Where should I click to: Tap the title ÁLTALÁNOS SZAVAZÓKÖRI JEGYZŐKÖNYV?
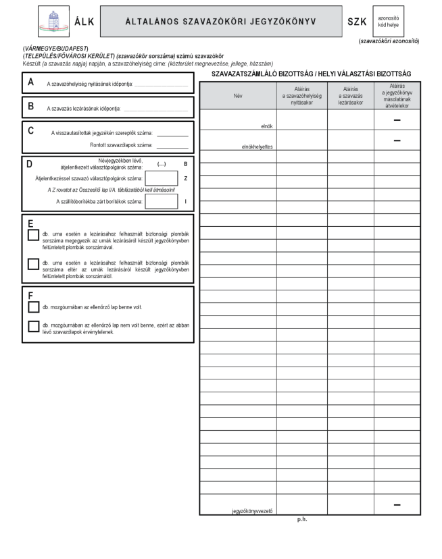(220, 22)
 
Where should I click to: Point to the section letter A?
(30, 82)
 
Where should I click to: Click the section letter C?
(30, 130)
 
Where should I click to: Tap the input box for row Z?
(162, 178)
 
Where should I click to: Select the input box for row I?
(162, 201)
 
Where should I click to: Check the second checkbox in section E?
(33, 263)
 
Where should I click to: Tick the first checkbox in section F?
(33, 307)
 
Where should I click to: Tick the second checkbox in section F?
(33, 327)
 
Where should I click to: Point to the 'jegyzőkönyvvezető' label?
(252, 510)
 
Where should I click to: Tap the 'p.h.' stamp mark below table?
(302, 520)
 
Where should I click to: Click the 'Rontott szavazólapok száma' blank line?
(172, 146)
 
